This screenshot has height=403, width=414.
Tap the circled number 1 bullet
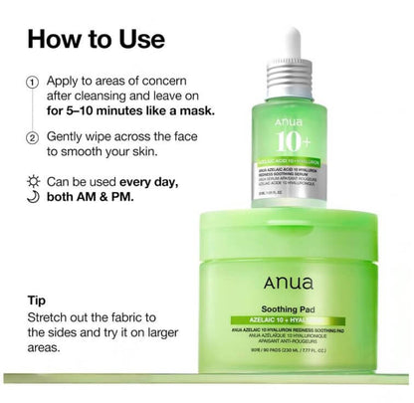pos(33,83)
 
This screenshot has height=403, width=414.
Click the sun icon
pos(33,182)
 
